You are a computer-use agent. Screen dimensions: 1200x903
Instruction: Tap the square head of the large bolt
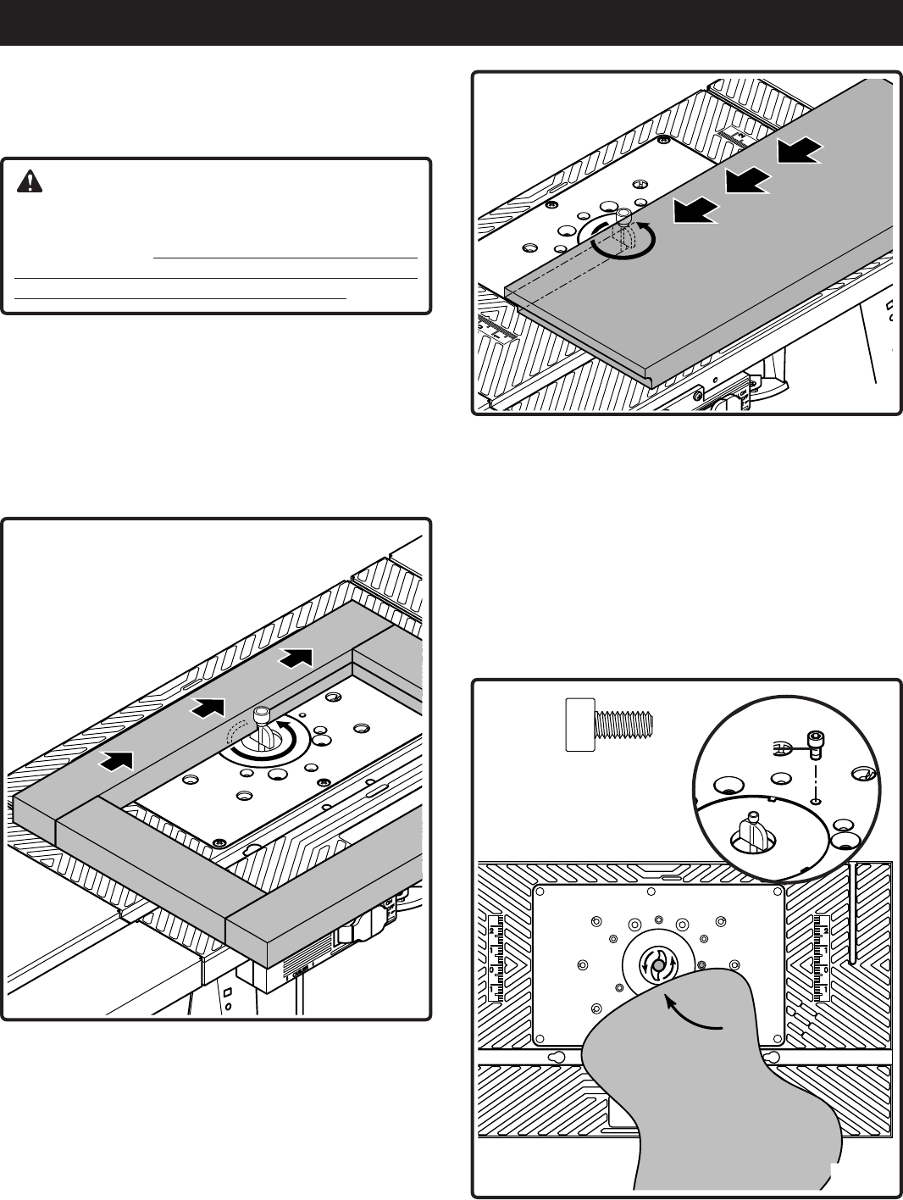[x=580, y=725]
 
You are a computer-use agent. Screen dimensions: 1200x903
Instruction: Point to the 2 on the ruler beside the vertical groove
[x=826, y=931]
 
